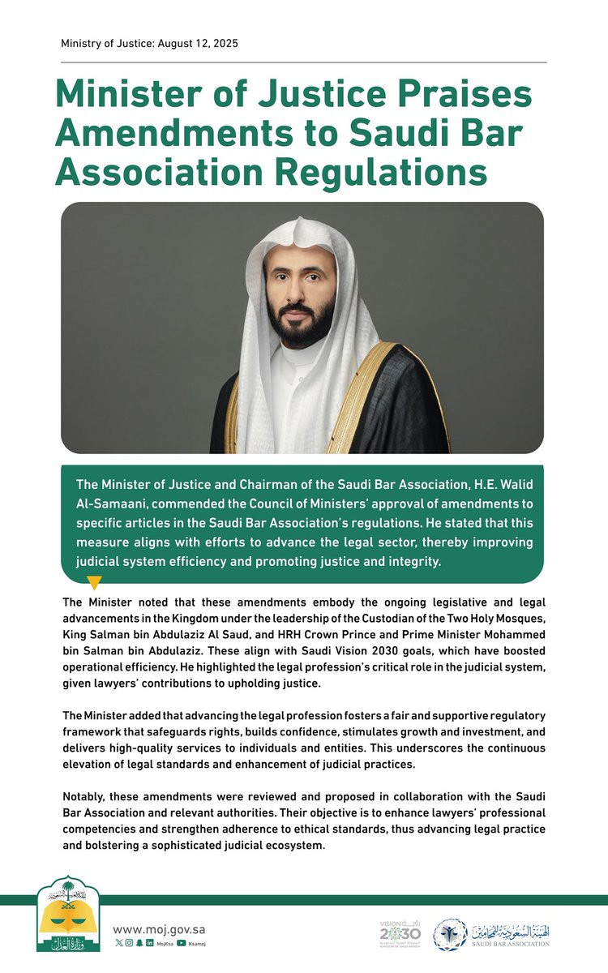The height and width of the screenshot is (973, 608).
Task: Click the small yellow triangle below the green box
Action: coord(94,582)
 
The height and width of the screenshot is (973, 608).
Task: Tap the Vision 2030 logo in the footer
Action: coord(400,933)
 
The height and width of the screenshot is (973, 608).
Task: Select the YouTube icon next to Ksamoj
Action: coord(181,943)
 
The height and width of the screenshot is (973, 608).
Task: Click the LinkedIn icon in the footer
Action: coord(149,943)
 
